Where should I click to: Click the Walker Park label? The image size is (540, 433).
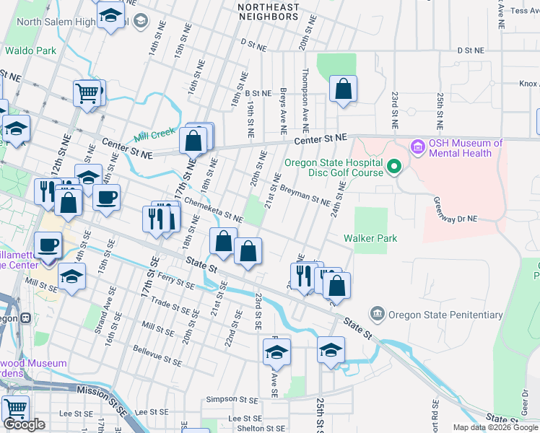point(370,238)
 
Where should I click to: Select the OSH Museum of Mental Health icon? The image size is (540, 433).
point(417,148)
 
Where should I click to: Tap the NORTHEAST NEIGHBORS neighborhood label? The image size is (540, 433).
point(269,12)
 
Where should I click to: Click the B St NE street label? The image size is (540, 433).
point(257,93)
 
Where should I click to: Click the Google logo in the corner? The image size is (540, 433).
point(25,424)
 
